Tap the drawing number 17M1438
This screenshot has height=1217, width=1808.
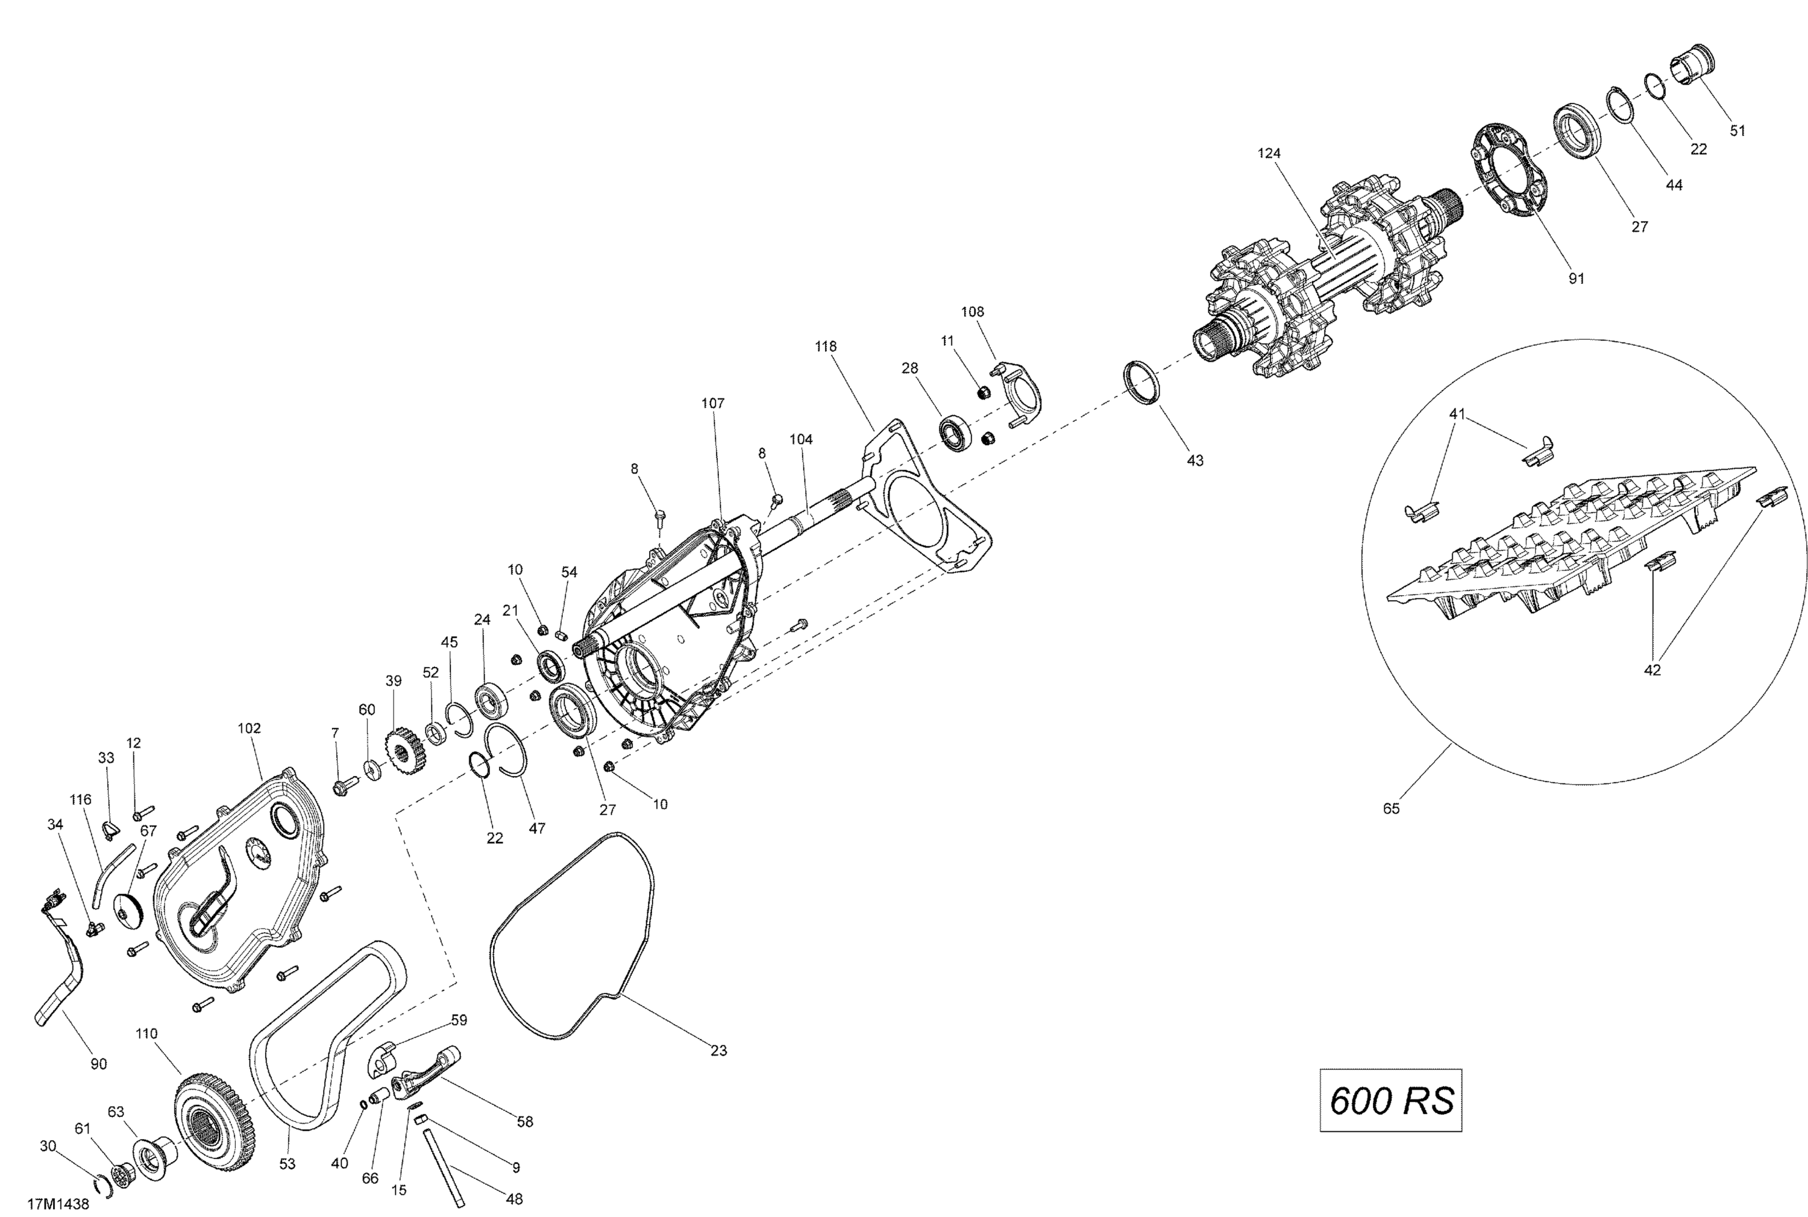[x=58, y=1204]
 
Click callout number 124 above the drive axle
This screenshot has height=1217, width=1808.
[x=1269, y=154]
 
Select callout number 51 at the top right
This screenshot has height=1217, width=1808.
[x=1737, y=131]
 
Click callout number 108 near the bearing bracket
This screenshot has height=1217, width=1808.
[x=972, y=312]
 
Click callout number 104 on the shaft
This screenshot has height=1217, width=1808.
[x=801, y=439]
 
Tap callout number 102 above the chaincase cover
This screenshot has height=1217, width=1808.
[x=249, y=728]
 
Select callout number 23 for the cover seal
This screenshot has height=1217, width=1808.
[x=719, y=1050]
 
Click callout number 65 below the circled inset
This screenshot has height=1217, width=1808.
[x=1391, y=809]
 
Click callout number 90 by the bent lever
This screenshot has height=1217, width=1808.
[x=99, y=1064]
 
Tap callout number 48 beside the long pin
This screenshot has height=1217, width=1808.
[x=514, y=1199]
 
